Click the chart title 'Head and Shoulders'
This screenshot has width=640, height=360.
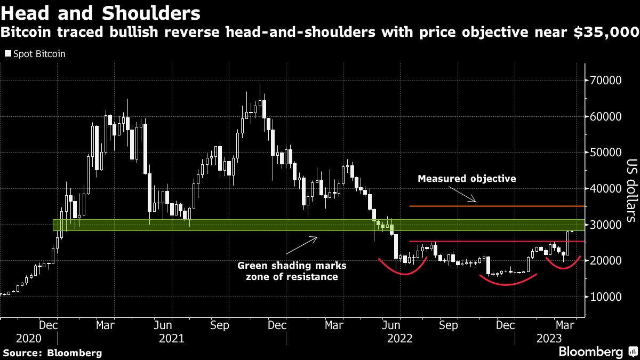(101, 12)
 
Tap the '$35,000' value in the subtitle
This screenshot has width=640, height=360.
(606, 33)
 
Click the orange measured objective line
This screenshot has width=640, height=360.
(496, 206)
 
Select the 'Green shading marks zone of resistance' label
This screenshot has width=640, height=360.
(291, 271)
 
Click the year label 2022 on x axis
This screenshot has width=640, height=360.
(400, 338)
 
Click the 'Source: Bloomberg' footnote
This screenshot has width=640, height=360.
(52, 353)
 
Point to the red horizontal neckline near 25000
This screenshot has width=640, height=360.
(491, 242)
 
